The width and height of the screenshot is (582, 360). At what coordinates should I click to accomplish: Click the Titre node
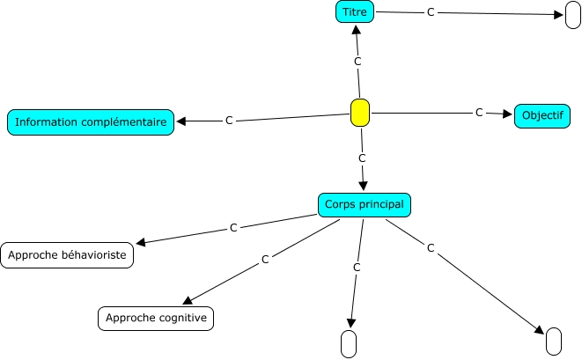[356, 11]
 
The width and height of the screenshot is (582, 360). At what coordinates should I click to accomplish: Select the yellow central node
[359, 114]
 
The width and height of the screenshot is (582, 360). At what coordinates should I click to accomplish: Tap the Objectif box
[542, 115]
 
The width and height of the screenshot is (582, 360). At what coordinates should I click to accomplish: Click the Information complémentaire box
[91, 121]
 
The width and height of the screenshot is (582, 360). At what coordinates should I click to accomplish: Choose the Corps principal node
[365, 204]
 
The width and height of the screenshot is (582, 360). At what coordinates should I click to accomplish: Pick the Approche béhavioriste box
[68, 255]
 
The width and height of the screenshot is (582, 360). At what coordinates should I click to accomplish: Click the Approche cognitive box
[156, 318]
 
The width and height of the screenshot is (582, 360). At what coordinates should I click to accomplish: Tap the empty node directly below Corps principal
[348, 343]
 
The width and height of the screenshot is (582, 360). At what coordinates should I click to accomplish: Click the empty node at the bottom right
[554, 341]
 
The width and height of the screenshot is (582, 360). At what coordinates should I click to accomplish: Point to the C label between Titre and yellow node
[357, 62]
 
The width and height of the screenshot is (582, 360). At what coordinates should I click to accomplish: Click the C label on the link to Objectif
[479, 113]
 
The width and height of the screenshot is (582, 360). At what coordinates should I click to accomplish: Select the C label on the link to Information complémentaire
[229, 120]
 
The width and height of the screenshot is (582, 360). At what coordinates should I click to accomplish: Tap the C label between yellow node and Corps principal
[362, 158]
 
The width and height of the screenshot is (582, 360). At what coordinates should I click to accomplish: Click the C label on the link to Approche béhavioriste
[233, 228]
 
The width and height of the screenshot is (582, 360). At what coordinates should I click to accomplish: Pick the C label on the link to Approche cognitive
[264, 261]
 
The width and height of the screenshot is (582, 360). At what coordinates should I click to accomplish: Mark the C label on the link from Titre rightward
[431, 12]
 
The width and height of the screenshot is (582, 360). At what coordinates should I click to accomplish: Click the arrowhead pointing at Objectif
[508, 114]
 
